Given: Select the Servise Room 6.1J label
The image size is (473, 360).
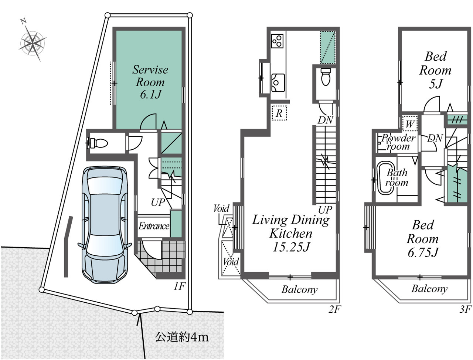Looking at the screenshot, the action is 150,82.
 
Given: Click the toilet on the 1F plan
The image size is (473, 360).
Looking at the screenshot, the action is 98,143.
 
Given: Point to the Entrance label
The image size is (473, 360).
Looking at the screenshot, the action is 154,226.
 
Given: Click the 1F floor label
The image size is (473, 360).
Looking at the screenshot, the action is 179,286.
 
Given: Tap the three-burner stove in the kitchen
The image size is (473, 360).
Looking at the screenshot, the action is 277,41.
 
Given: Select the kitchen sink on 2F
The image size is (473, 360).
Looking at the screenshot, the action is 278,83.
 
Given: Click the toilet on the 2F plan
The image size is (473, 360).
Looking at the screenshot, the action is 326,77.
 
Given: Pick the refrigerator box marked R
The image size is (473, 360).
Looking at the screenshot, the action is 279,113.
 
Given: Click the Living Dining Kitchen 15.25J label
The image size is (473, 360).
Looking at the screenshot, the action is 291,233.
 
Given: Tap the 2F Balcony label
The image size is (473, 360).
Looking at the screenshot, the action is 299,290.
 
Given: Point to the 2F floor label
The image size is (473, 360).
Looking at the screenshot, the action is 334,310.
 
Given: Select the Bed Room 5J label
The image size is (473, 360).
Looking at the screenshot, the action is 435,70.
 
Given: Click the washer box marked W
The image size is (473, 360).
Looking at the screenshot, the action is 410,124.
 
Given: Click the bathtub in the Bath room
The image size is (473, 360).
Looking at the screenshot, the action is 385,179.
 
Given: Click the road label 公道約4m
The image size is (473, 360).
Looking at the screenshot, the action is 182,337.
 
